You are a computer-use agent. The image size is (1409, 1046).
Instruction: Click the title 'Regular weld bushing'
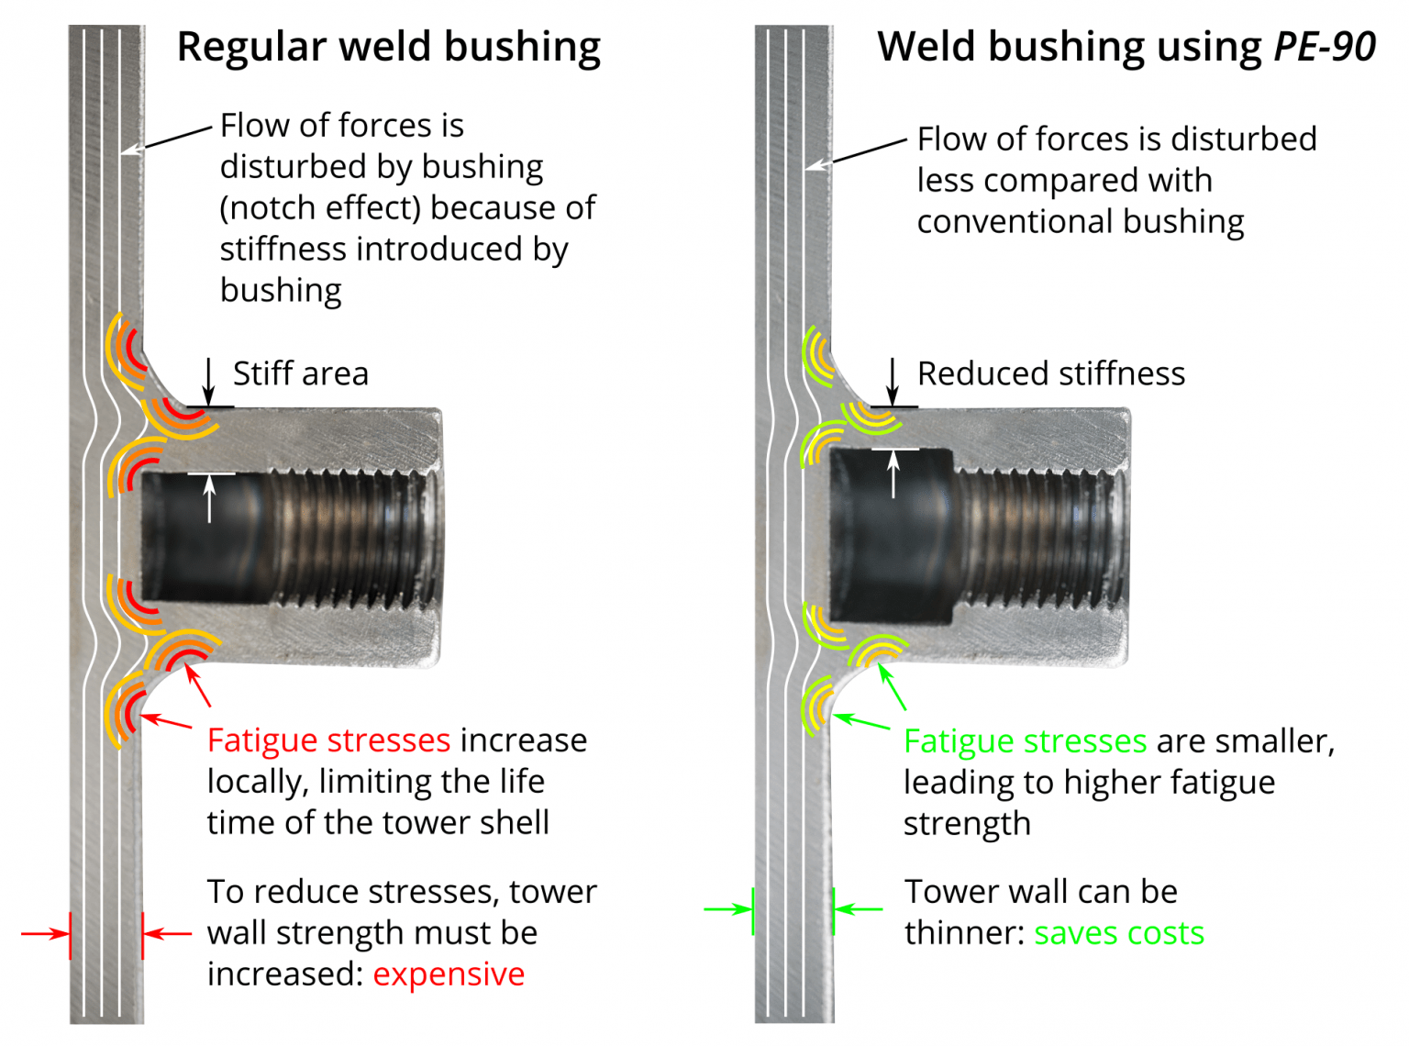(x=388, y=48)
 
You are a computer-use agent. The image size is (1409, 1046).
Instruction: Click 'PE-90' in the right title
(x=1325, y=48)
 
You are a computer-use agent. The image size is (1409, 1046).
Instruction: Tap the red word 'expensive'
(x=449, y=974)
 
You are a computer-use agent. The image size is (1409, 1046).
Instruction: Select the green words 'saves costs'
(x=1118, y=933)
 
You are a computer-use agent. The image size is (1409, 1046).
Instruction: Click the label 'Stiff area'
(x=300, y=374)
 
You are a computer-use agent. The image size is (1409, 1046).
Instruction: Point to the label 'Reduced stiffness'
(x=1050, y=374)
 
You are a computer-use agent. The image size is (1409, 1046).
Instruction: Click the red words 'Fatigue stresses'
(x=328, y=740)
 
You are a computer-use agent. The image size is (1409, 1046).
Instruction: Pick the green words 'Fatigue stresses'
(x=1025, y=741)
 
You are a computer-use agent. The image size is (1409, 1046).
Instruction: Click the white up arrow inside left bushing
(x=209, y=498)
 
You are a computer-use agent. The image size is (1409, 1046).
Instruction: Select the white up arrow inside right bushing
(x=893, y=473)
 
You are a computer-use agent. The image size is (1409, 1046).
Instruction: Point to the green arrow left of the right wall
(x=728, y=909)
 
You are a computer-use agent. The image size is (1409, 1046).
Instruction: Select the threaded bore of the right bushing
(x=1037, y=537)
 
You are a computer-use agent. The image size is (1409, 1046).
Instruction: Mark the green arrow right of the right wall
(x=859, y=909)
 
